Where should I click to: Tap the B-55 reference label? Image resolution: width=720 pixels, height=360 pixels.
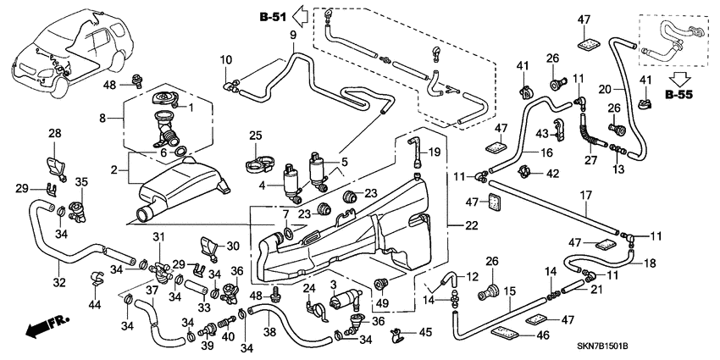680,96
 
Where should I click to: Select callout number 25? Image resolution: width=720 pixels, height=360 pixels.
256,136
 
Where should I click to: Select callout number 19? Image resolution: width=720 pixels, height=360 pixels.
435,152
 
